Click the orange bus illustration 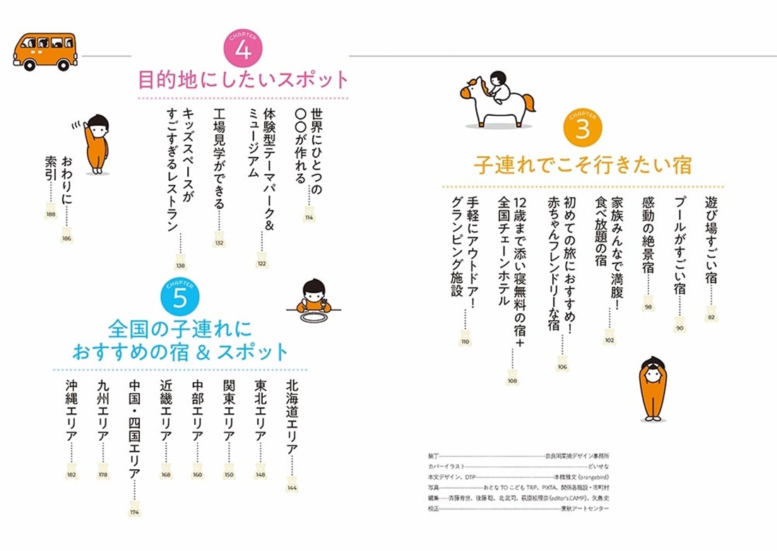(45, 51)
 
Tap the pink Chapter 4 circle (243, 50)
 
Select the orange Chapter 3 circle (583, 129)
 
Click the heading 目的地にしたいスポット (243, 79)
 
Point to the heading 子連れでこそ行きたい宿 (582, 165)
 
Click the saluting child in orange (97, 145)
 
